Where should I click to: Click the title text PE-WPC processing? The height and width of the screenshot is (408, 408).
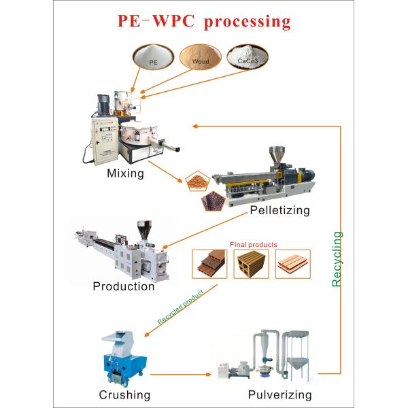(204, 21)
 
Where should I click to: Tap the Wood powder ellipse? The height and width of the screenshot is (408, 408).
(201, 56)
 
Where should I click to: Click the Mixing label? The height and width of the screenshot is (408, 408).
(126, 173)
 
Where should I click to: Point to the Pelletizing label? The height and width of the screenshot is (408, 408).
(279, 210)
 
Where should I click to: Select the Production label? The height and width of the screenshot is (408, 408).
(123, 286)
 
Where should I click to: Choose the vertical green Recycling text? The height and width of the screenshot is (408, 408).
(338, 258)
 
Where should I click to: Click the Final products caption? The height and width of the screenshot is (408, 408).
(252, 244)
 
